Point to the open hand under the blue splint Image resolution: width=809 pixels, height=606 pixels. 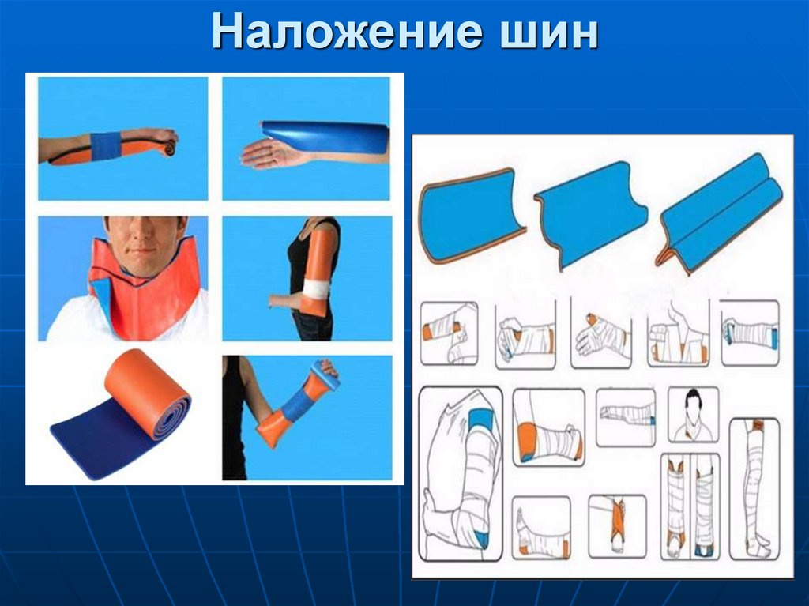(269, 154)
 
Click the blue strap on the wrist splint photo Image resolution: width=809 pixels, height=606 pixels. (106, 146)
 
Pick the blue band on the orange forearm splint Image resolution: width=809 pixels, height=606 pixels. (297, 405)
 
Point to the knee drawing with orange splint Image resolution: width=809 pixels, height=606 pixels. (548, 432)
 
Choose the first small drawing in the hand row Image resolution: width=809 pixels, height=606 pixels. (448, 333)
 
